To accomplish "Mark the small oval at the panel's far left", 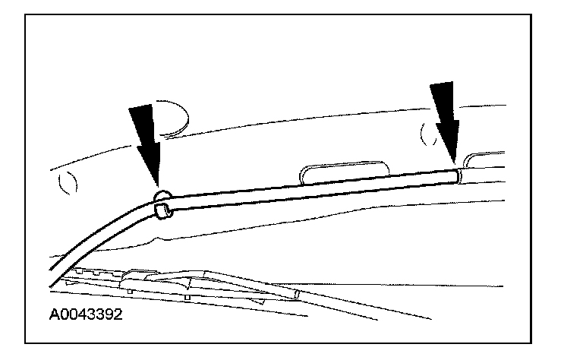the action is [68, 183].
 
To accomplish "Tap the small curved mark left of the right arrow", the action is [424, 134].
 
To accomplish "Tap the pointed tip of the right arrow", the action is [452, 163].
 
